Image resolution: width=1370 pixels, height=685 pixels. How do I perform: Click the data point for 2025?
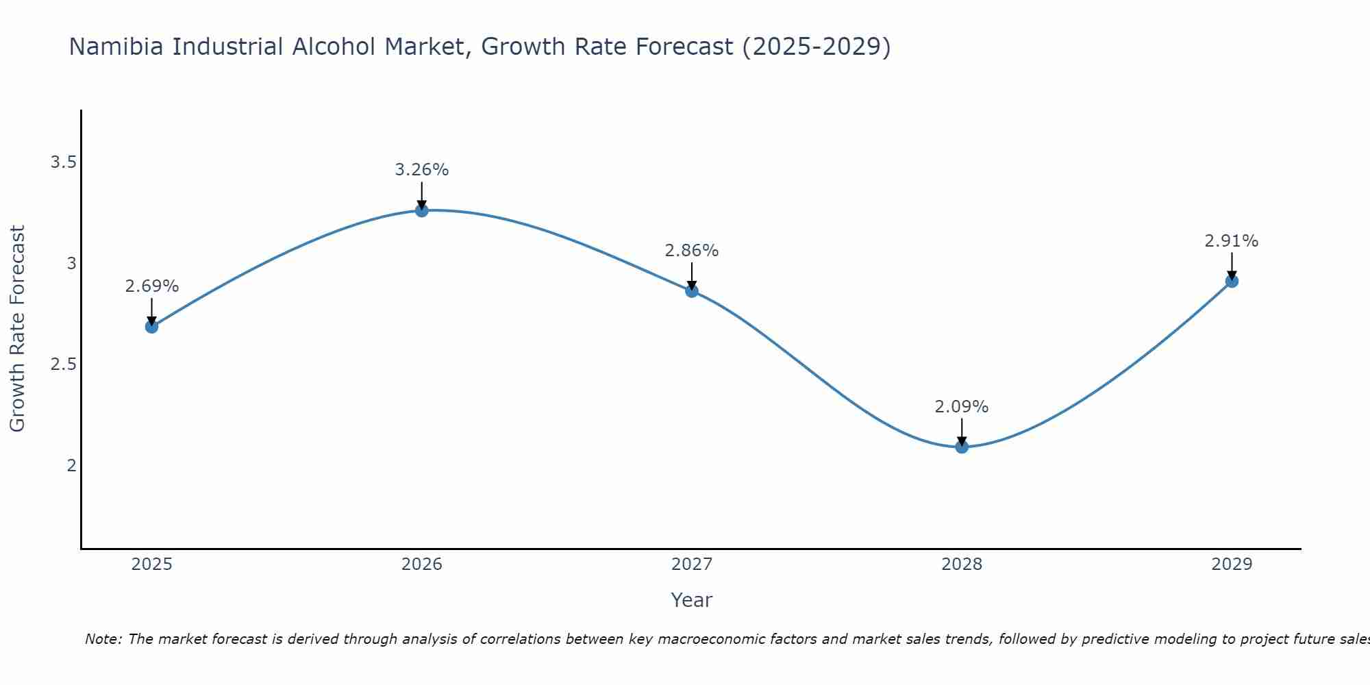point(151,327)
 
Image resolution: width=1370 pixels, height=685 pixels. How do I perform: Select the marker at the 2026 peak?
point(422,210)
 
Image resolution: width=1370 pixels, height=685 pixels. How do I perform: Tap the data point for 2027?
point(692,291)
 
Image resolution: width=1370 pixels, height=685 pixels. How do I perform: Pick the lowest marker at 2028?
point(962,447)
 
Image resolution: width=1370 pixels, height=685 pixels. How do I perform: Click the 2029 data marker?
point(1232,281)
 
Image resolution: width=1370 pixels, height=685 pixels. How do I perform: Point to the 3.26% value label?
point(422,170)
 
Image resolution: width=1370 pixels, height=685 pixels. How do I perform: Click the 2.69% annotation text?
point(151,286)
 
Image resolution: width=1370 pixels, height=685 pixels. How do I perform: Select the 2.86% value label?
point(692,251)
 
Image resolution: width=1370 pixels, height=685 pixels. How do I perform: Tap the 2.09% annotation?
point(962,407)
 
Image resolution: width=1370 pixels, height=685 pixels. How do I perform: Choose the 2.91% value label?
point(1232,241)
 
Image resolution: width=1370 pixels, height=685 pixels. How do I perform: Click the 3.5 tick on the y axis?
point(63,162)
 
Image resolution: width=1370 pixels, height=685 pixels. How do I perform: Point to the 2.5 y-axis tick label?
point(63,364)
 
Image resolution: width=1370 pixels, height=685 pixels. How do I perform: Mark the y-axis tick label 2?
point(71,466)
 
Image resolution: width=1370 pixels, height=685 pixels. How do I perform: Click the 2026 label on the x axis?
point(422,564)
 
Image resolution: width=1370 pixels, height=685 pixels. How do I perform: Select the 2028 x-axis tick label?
point(962,564)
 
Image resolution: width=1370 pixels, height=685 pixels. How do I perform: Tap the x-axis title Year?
point(692,600)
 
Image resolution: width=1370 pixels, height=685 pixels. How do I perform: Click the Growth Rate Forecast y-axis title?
point(17,329)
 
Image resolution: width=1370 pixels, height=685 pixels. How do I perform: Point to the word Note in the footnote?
point(103,639)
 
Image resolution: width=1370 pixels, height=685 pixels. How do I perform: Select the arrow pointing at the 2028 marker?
point(962,432)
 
